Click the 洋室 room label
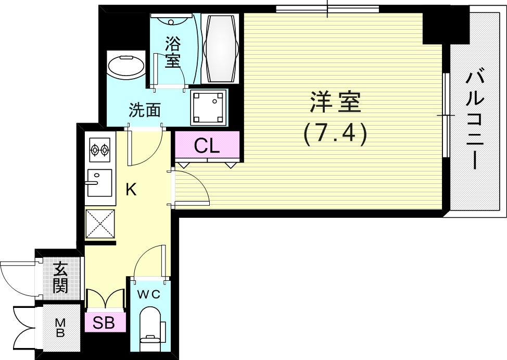point(335,102)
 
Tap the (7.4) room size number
point(335,133)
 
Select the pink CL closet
point(207,146)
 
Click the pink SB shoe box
point(104,323)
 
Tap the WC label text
point(148,294)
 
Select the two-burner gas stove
point(99,151)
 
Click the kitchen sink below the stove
point(99,182)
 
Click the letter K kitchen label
point(131,190)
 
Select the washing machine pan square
point(209,107)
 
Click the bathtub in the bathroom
point(220,47)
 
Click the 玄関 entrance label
point(61,279)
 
